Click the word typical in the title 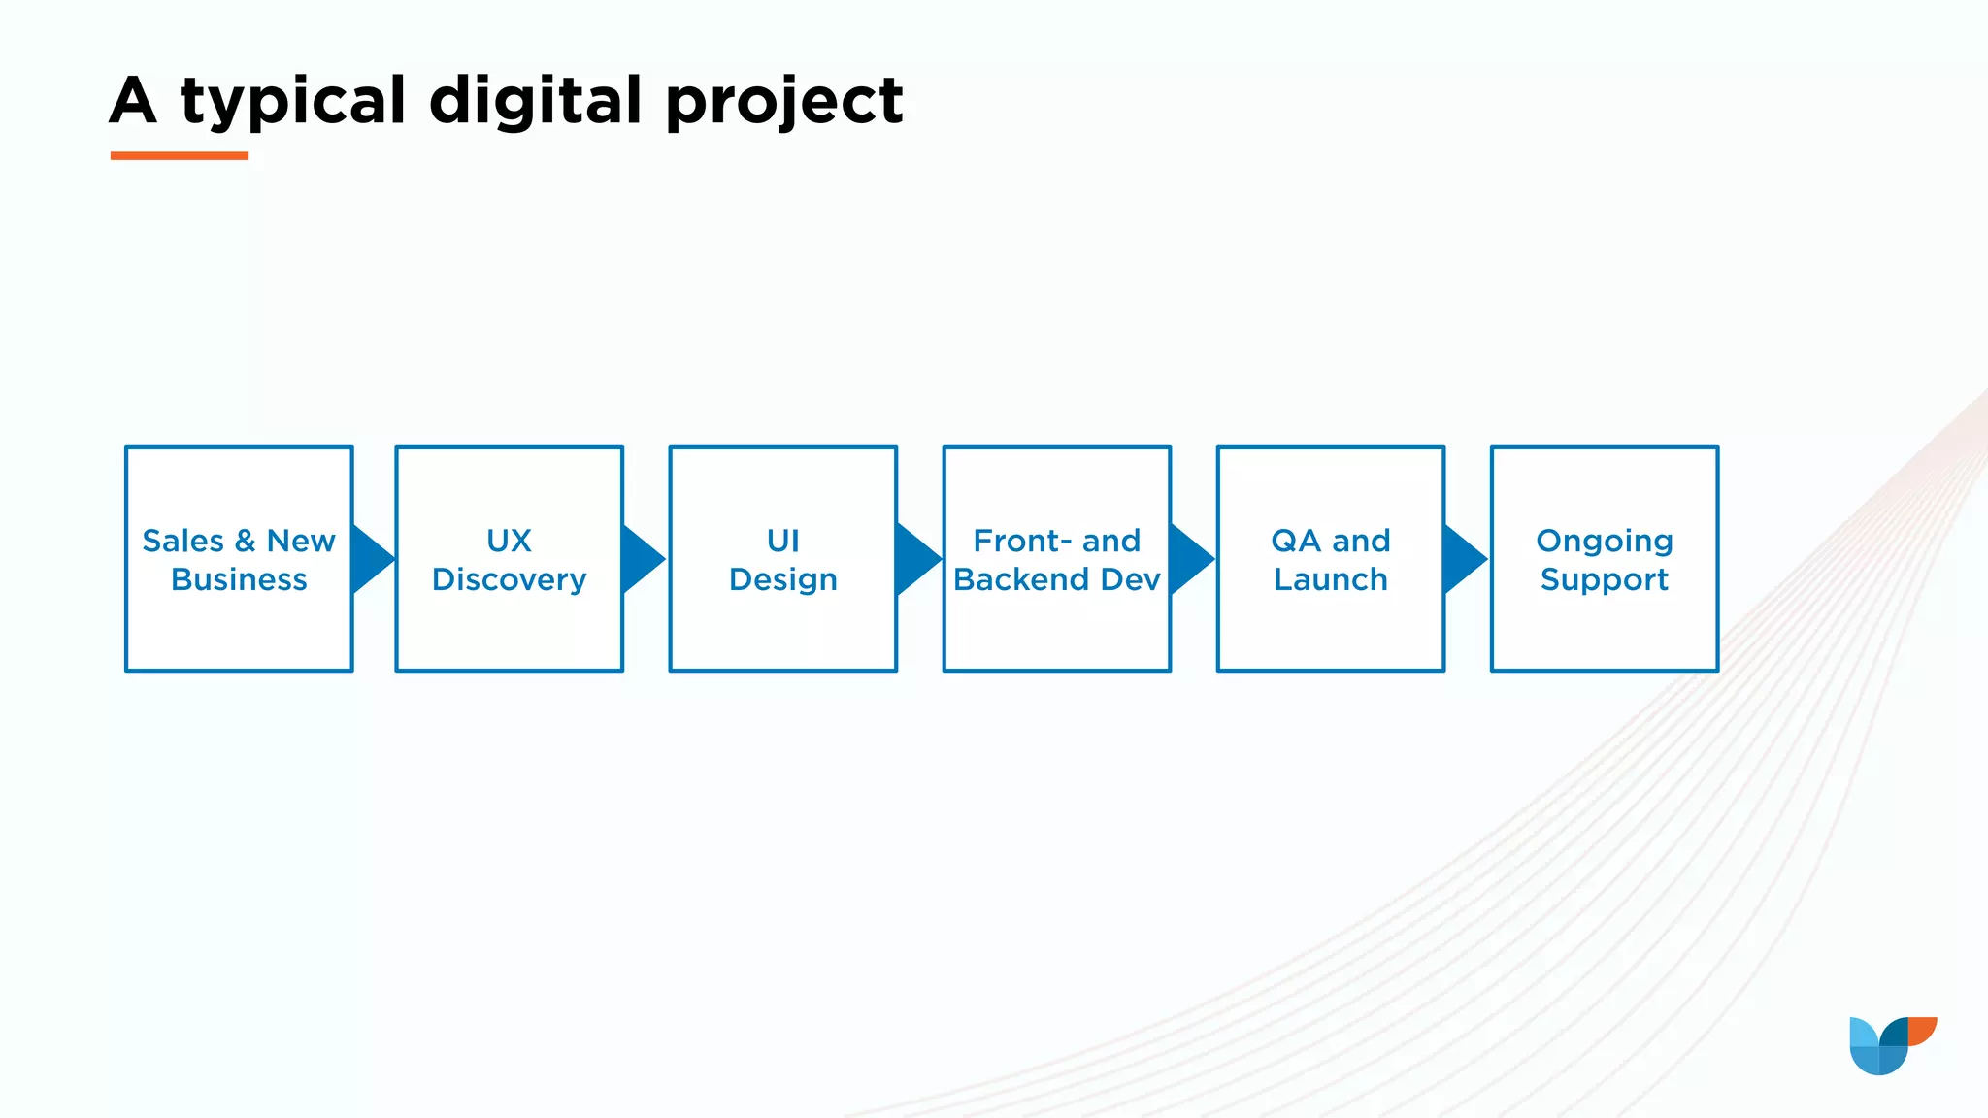coord(293,101)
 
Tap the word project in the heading coord(784,101)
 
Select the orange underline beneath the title coord(180,155)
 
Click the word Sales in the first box coord(182,541)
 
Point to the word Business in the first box coord(239,579)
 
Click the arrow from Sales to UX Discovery coord(372,559)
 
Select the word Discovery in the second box coord(509,579)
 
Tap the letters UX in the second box coord(509,541)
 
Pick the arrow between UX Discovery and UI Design coord(642,559)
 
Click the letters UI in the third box coord(782,541)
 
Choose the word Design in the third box coord(782,579)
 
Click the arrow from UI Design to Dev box coord(916,559)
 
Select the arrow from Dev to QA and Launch coord(1190,559)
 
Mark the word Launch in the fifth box coord(1330,579)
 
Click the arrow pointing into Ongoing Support coord(1464,559)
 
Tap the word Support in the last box coord(1604,579)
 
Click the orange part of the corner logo coord(1923,1029)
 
